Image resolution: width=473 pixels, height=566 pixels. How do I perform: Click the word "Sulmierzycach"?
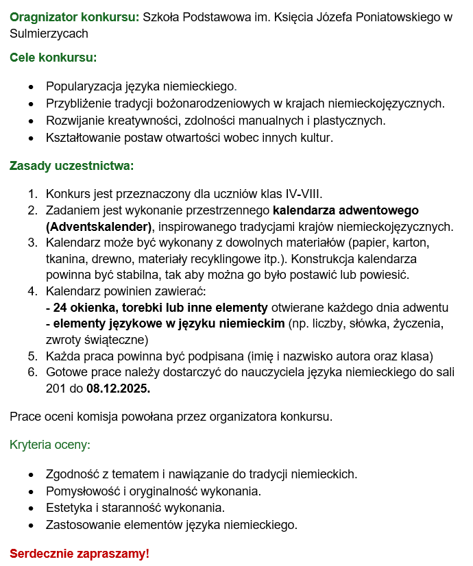[x=49, y=33]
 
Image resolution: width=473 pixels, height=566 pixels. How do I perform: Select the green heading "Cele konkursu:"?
[x=53, y=58]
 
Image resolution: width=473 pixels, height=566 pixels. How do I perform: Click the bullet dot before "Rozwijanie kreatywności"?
[x=30, y=121]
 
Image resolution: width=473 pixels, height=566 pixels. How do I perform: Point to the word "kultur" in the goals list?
[x=316, y=138]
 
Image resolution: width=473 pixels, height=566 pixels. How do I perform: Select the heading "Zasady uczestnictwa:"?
[x=71, y=166]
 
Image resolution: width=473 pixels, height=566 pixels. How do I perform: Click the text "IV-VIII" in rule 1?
[x=302, y=193]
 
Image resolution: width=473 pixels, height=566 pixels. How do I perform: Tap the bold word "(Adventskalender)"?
[x=98, y=226]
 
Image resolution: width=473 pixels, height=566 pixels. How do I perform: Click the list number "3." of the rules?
[x=33, y=243]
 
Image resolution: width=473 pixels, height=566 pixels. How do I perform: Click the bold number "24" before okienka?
[x=59, y=308]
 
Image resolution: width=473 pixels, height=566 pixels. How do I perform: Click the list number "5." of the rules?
[x=33, y=356]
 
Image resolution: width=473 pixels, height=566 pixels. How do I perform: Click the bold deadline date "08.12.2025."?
[x=118, y=389]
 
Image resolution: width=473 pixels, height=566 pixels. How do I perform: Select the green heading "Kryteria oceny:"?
[x=49, y=445]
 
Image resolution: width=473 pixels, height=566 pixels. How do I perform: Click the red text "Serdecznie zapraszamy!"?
[x=79, y=552]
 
